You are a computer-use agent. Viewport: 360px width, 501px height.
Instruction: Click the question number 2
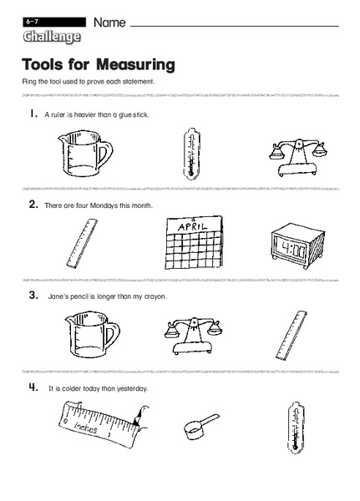[33, 205]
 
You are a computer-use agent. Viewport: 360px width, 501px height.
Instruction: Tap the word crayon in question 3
[155, 296]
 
